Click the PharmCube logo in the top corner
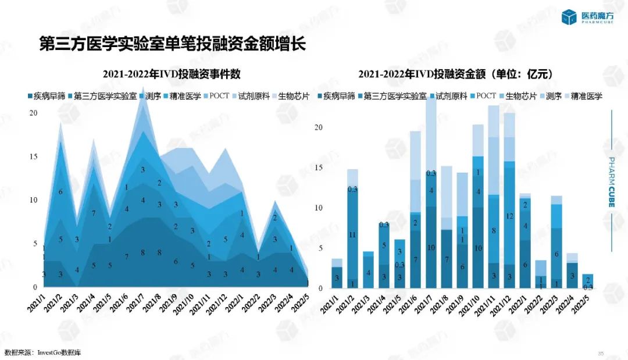[x=587, y=17]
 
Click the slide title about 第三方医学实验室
[x=172, y=44]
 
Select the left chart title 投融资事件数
[x=172, y=74]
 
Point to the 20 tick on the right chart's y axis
[x=317, y=127]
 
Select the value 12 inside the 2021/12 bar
[x=509, y=216]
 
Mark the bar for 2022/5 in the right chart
[x=588, y=281]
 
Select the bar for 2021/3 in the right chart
[x=368, y=270]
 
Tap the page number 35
[x=601, y=353]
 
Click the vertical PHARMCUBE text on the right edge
[x=612, y=180]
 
